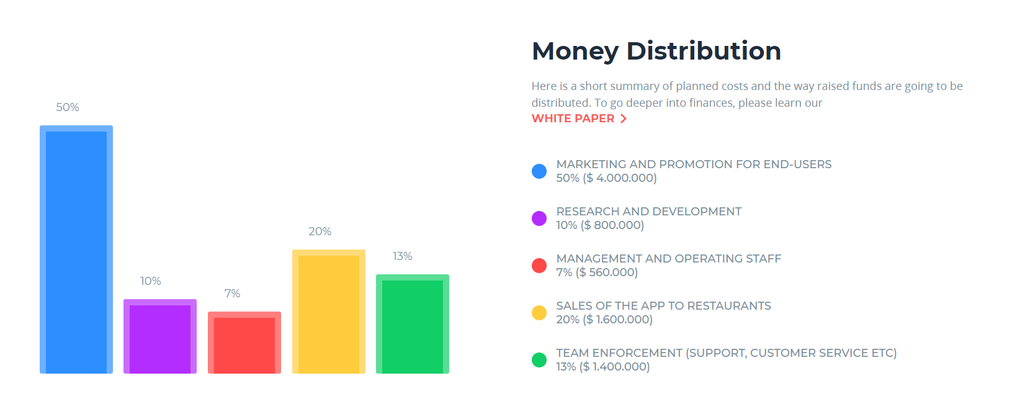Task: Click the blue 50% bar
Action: [76, 249]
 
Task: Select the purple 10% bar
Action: [160, 336]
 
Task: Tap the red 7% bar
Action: [244, 343]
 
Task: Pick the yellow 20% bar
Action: [329, 312]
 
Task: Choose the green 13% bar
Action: [413, 324]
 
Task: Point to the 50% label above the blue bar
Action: [68, 107]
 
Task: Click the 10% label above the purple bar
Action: [151, 281]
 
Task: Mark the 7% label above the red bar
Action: [233, 294]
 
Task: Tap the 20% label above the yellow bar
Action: [320, 231]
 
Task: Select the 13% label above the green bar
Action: [403, 256]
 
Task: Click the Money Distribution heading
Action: [656, 51]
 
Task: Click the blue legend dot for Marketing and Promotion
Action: [539, 171]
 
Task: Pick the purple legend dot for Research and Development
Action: [539, 218]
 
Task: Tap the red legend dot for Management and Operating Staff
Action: [539, 266]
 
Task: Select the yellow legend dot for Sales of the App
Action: [539, 313]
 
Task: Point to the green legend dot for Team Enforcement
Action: [539, 360]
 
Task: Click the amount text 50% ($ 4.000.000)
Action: [606, 178]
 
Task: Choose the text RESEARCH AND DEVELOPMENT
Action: [648, 212]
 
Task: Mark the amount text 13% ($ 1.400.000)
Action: [602, 367]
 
